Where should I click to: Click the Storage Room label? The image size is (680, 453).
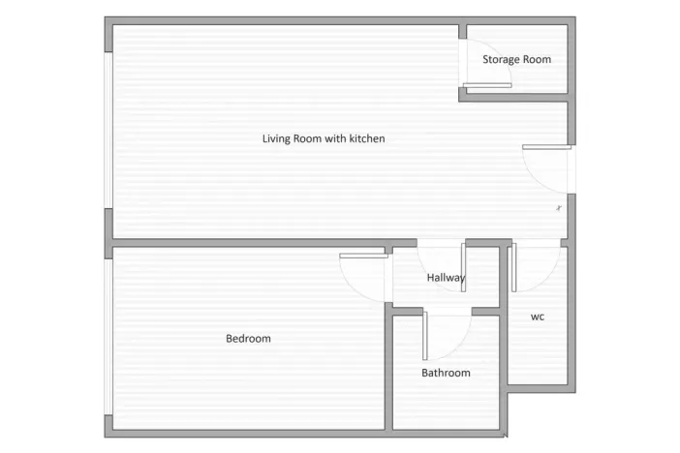(x=516, y=60)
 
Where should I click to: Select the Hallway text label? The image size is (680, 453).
(x=446, y=278)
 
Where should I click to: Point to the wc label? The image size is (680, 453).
(x=537, y=317)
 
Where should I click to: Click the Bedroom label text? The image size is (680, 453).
(x=248, y=339)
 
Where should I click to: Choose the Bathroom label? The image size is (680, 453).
(x=446, y=373)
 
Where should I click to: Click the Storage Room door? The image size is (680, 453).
(x=487, y=86)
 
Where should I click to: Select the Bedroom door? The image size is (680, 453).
(x=363, y=257)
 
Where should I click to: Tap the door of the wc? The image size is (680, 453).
(x=514, y=267)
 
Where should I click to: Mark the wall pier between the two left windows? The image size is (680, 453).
(x=107, y=225)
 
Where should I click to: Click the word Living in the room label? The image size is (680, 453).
(x=277, y=138)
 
